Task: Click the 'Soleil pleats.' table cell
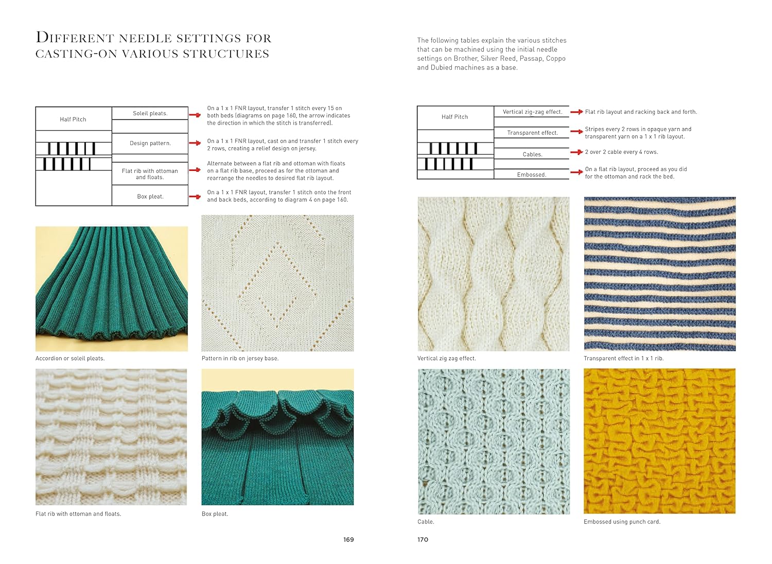pos(150,113)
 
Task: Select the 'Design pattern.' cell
pos(150,143)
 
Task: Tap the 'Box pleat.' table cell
pos(150,196)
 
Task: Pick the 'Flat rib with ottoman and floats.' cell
pos(150,174)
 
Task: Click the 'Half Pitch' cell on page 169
pos(73,119)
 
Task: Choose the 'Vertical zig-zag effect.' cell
pos(532,112)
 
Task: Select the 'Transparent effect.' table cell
pos(532,133)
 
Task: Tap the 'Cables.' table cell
pos(532,154)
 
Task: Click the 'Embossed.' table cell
pos(532,174)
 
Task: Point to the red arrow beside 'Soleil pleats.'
pos(195,115)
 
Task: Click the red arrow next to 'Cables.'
pos(576,152)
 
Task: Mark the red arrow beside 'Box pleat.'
pos(195,197)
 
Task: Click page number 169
pos(348,539)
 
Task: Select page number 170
pos(423,539)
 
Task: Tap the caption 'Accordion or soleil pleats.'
pos(70,358)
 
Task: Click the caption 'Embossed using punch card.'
pos(622,521)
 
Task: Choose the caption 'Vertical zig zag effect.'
pos(446,358)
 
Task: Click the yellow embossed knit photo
pos(659,441)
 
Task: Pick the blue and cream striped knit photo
pos(659,274)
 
